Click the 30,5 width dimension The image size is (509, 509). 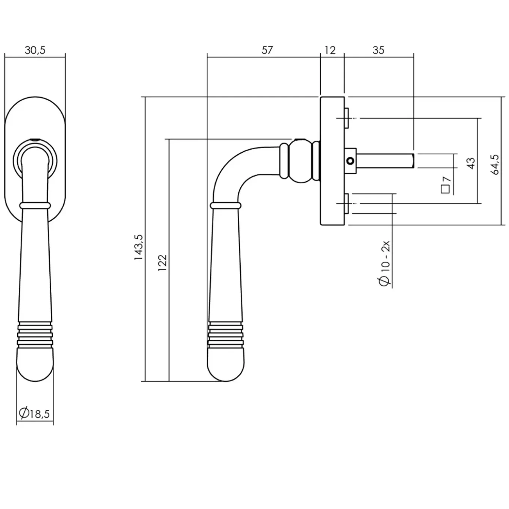[35, 50]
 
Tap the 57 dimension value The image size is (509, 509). [267, 50]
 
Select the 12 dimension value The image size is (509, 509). [330, 50]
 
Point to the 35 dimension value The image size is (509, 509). [378, 50]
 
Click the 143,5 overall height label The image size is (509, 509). [139, 247]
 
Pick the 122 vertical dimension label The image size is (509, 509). [162, 263]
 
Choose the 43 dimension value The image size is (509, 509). [471, 163]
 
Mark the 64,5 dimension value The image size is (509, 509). [495, 164]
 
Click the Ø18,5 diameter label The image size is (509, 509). [34, 414]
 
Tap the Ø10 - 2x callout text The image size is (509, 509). [385, 263]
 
